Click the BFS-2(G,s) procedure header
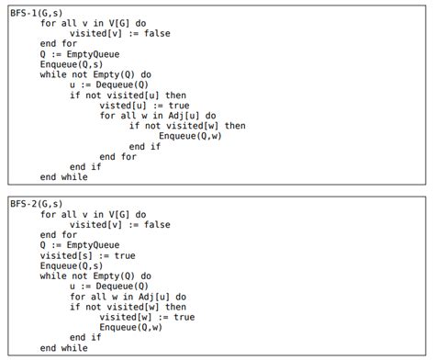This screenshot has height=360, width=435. tap(37, 204)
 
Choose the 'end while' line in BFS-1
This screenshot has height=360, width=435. tap(64, 176)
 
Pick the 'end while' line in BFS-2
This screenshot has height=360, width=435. tap(64, 348)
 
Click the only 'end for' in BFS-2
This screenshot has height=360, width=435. tap(59, 235)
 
